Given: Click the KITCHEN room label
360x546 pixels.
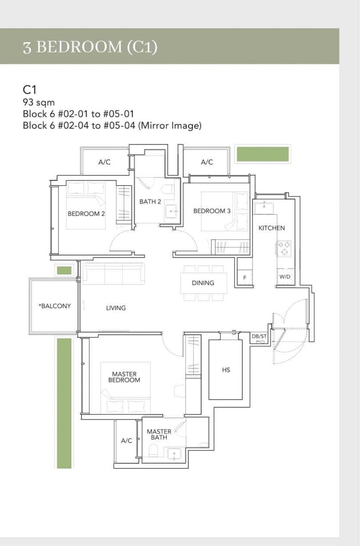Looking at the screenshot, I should point(271,228).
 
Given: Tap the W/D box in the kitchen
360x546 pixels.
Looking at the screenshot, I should point(285,277).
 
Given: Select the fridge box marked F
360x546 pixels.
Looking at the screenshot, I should point(245,278).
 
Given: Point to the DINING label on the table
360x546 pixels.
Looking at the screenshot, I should point(203,283).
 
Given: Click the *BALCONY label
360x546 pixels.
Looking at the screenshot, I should point(55,306).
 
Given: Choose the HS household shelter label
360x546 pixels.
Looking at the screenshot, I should point(226,370).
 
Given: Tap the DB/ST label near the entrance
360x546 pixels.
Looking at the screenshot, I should point(259,336).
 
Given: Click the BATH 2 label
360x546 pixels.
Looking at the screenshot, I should point(150,202).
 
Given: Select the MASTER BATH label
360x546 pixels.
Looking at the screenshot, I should point(159,434).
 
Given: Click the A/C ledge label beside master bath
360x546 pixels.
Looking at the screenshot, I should point(126,441).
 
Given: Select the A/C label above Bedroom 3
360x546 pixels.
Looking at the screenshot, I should point(207,162).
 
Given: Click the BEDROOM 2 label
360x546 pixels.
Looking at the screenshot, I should point(86,214).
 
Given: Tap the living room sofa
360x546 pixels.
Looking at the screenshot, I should point(113,274).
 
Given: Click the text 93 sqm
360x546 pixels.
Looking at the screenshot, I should point(39,102).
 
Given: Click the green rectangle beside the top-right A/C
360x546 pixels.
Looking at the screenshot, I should point(262,154).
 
